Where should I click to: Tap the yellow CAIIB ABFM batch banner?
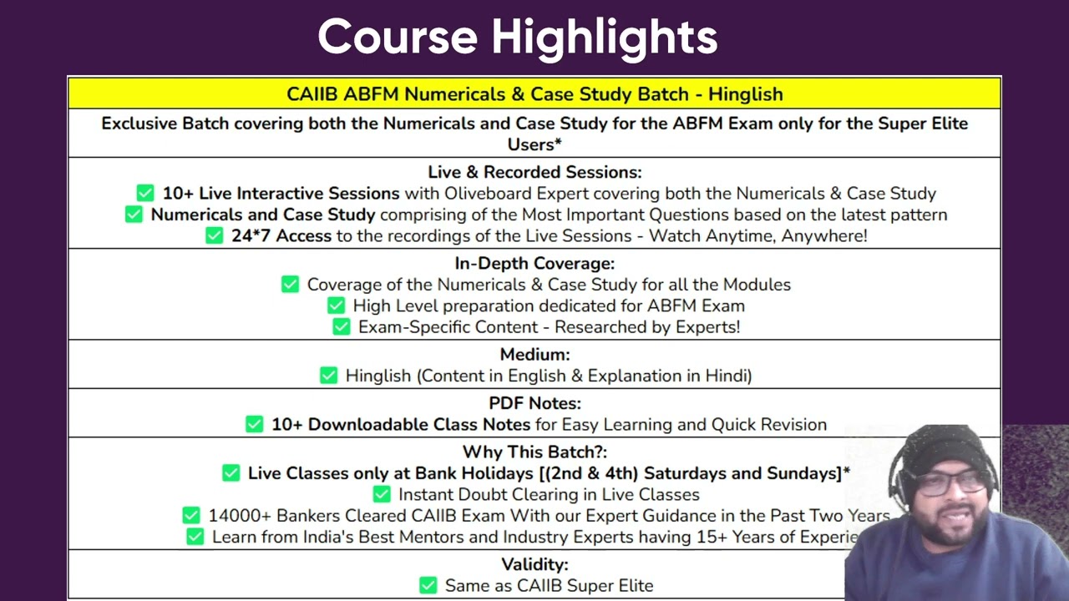point(534,93)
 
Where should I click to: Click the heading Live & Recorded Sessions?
point(534,172)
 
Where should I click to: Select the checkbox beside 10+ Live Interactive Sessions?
point(145,193)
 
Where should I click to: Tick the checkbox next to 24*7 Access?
point(215,235)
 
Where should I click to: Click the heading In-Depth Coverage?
point(534,263)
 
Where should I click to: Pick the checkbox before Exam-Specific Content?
point(342,326)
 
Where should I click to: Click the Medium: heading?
point(534,355)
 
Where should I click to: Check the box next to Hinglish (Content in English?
point(328,376)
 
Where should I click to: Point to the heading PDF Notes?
point(534,403)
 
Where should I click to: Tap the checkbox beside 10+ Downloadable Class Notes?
point(255,424)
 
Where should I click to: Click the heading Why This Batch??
point(534,452)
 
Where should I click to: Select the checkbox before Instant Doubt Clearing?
point(382,494)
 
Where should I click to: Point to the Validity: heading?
point(534,565)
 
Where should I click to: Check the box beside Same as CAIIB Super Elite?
point(428,585)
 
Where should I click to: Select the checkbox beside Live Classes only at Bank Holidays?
point(231,473)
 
